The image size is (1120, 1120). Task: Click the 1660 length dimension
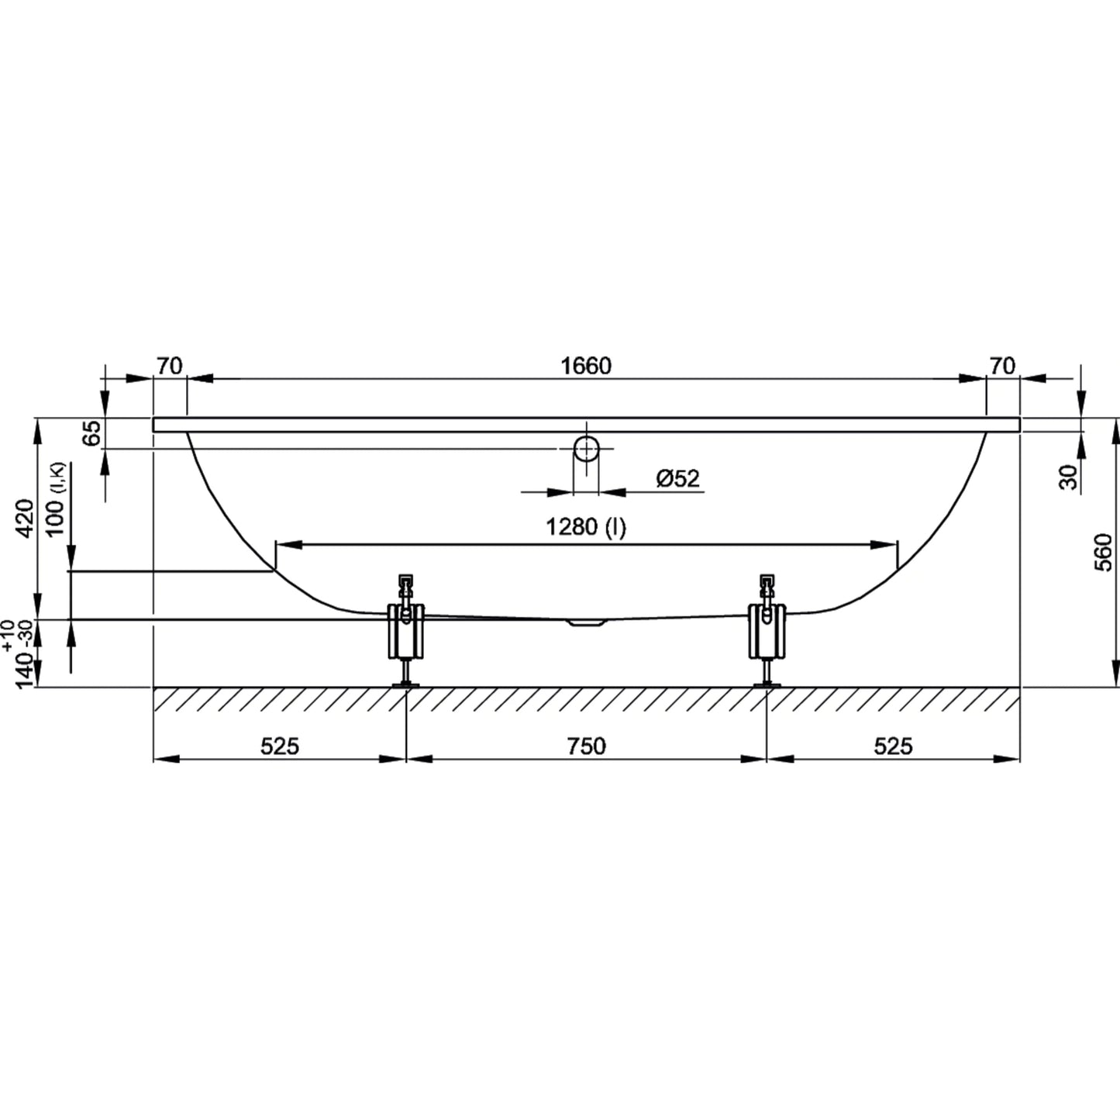[x=586, y=366]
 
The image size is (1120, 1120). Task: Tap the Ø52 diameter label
[x=677, y=479]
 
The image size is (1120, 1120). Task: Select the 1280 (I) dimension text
[x=586, y=528]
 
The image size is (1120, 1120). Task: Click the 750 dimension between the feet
[x=586, y=746]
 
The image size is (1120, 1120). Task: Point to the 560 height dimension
[x=1103, y=552]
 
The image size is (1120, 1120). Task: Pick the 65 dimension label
[x=91, y=433]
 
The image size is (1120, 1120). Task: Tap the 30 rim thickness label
[x=1068, y=477]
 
